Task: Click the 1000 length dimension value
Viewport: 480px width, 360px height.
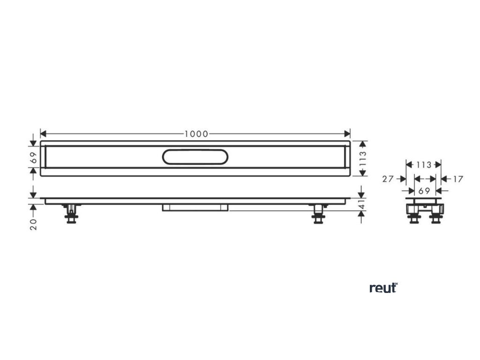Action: tap(195, 134)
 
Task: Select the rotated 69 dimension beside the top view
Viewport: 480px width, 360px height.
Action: tap(33, 158)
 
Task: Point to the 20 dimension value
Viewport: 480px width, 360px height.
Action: tap(33, 224)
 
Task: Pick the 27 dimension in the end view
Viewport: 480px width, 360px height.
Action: tap(387, 179)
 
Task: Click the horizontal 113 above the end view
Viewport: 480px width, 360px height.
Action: tap(423, 165)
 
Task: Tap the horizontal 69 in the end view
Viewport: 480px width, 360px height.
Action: tap(424, 191)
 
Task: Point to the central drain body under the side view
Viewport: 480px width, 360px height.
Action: tap(195, 208)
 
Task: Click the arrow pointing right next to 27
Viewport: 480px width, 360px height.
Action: tap(401, 179)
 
